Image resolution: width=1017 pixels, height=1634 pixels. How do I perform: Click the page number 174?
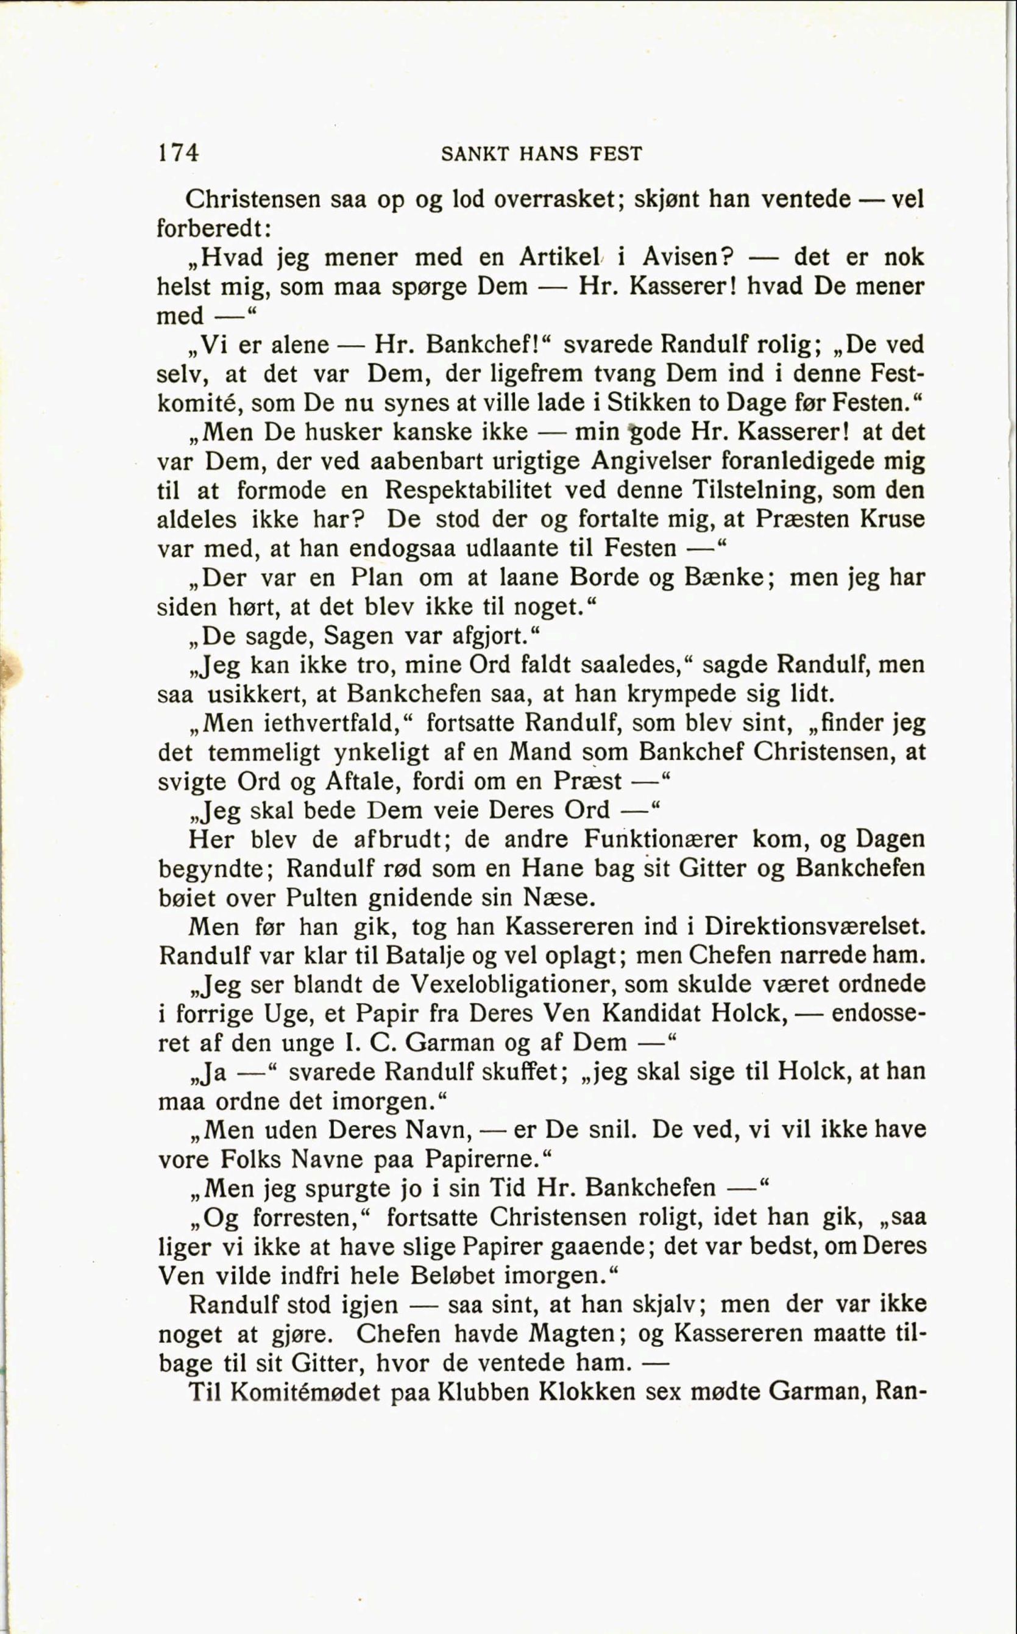point(179,154)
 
